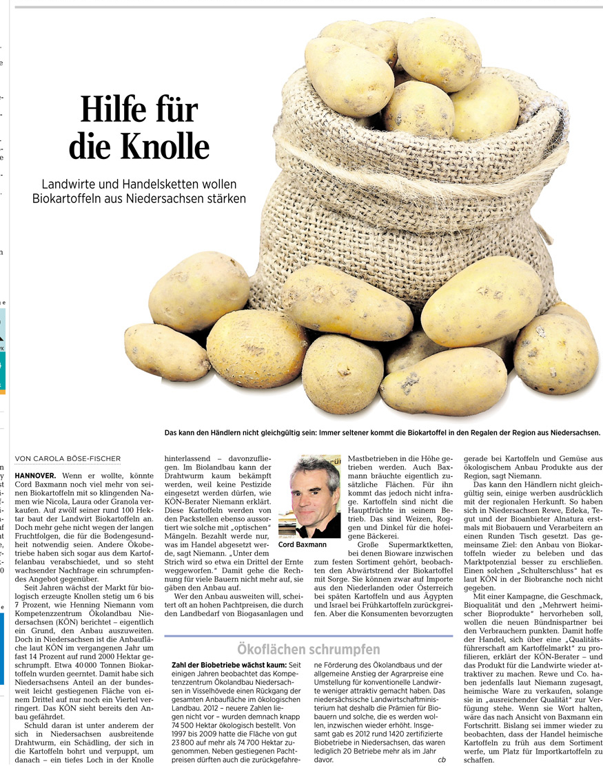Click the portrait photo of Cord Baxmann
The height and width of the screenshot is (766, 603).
(309, 496)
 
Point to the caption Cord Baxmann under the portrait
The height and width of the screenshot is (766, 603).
(303, 545)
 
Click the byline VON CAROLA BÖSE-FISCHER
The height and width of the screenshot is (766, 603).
(68, 458)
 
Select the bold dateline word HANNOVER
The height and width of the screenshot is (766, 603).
(35, 476)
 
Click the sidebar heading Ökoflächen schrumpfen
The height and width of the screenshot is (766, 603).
(308, 649)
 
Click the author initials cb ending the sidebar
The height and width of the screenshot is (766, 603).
(441, 760)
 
